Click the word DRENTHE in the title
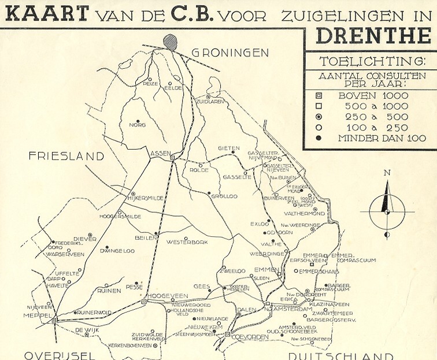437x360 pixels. (374, 36)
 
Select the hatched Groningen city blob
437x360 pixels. (170, 41)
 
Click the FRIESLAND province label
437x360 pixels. (66, 156)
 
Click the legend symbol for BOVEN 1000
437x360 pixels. (318, 96)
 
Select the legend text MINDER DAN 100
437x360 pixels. (382, 138)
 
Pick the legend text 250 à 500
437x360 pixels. (377, 117)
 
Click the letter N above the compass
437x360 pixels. (387, 173)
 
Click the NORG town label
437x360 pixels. (137, 125)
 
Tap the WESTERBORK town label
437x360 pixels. (187, 242)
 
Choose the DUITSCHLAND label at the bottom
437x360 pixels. (340, 355)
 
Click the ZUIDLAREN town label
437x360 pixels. (210, 102)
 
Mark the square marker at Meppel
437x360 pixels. (54, 319)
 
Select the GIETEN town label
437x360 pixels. (228, 149)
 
